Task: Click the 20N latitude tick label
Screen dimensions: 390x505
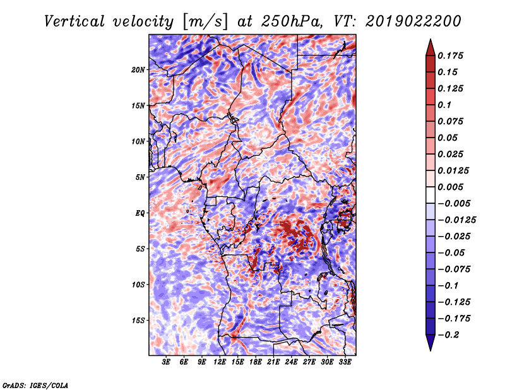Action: tap(138, 69)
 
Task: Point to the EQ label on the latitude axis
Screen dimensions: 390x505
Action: tap(140, 213)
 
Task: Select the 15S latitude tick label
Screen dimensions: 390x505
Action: tap(138, 320)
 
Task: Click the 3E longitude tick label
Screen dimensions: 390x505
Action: tap(166, 362)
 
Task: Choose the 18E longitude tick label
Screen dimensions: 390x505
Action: tap(256, 362)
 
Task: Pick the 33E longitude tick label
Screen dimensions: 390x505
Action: tap(345, 362)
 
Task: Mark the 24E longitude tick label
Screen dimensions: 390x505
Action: tap(291, 362)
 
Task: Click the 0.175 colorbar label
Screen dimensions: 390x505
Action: tap(452, 56)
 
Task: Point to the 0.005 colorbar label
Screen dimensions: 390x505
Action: tap(452, 187)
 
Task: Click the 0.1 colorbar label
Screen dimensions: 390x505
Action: tap(446, 105)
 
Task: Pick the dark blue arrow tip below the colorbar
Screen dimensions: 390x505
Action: tap(429, 345)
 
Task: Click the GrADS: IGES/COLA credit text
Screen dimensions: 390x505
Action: tap(35, 384)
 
